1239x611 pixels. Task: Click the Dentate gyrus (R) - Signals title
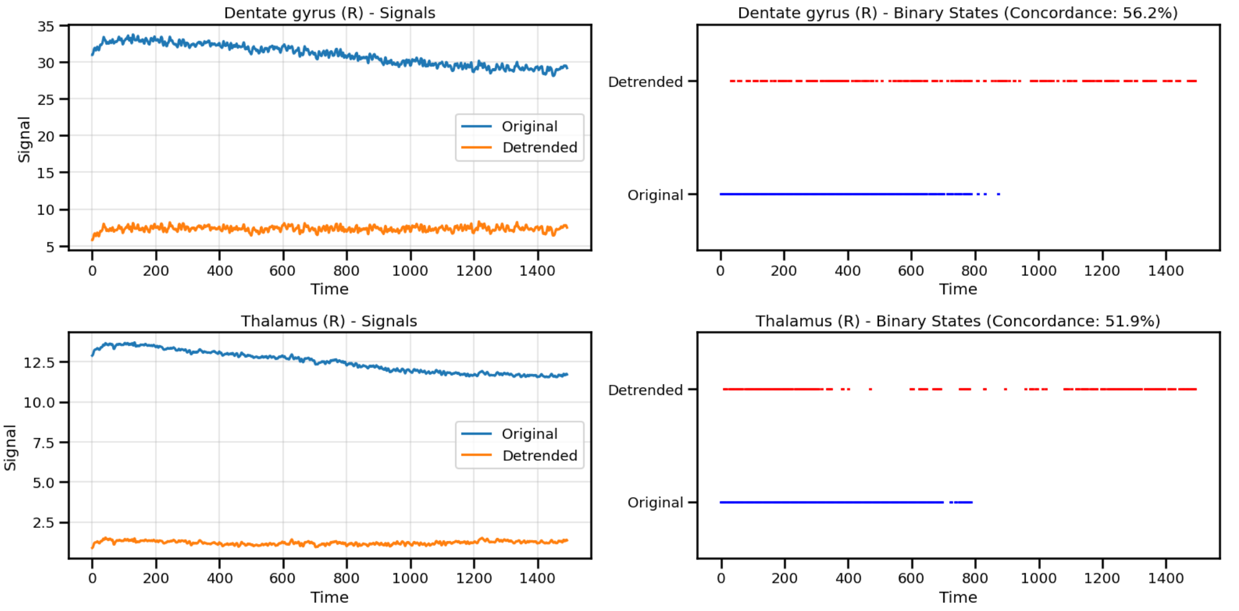(x=329, y=13)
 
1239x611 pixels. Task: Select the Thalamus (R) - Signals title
(x=329, y=321)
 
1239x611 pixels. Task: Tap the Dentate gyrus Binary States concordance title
(x=958, y=13)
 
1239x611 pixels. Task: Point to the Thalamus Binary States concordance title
(x=958, y=321)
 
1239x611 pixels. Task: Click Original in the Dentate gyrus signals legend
(x=529, y=126)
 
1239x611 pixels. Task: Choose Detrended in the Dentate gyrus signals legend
(x=540, y=148)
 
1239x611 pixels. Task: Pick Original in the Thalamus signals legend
(x=529, y=434)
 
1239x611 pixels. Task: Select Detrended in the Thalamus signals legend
(x=540, y=455)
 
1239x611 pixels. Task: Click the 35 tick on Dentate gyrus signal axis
(x=46, y=26)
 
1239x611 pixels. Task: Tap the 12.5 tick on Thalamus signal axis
(x=39, y=363)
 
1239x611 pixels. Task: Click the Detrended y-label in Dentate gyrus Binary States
(x=645, y=82)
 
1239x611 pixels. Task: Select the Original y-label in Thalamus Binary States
(x=655, y=503)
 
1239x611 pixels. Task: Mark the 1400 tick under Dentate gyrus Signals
(x=537, y=271)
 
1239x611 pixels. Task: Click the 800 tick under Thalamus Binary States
(x=975, y=579)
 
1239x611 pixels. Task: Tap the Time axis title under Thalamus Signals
(x=329, y=597)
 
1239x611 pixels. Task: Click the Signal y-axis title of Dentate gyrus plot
(x=24, y=139)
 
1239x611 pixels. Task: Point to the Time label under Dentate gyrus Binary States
(x=958, y=290)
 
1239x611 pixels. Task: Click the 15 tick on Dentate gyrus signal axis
(x=46, y=173)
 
